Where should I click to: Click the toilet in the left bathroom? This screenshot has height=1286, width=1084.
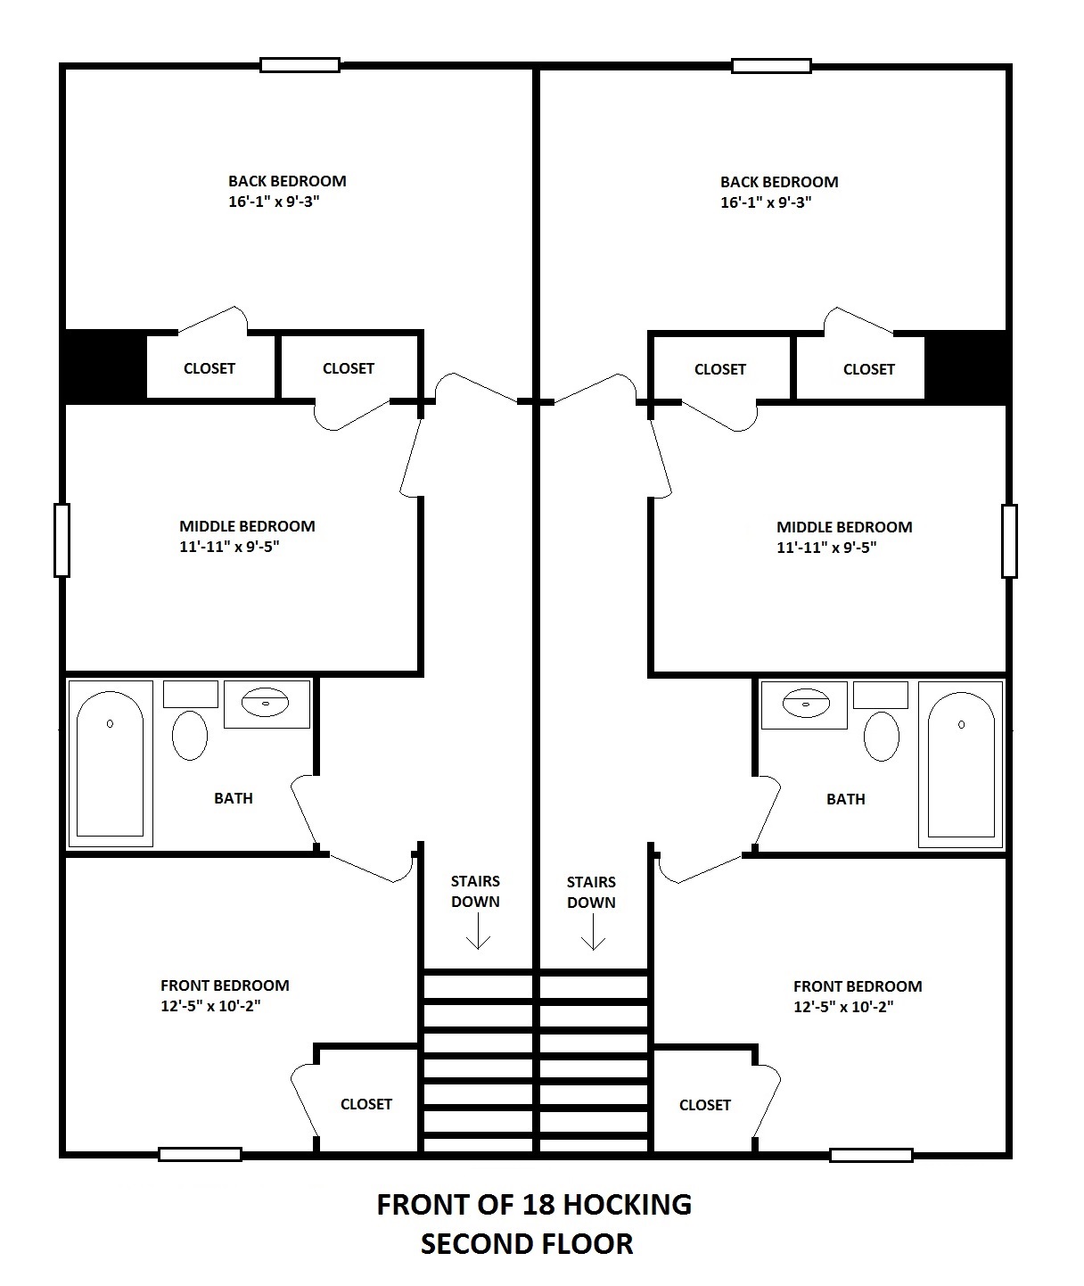tap(190, 735)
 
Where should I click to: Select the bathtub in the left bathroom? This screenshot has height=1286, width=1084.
tap(111, 763)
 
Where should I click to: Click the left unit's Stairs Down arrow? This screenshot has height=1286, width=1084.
tap(478, 932)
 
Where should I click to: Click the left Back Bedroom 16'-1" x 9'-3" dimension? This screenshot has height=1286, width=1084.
tap(274, 202)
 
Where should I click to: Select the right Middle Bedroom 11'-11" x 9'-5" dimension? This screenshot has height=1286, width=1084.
tap(826, 548)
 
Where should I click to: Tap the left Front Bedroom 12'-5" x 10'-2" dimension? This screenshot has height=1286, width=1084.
tap(210, 1006)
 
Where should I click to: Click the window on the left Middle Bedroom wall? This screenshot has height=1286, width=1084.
tap(62, 540)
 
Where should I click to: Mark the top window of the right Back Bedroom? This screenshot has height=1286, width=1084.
tap(771, 66)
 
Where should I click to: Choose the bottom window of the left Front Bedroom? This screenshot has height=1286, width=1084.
tap(200, 1154)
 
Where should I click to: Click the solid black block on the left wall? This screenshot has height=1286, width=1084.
tap(105, 367)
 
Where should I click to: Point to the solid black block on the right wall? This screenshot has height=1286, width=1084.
tap(965, 367)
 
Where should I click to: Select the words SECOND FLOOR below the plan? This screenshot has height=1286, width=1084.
tap(527, 1244)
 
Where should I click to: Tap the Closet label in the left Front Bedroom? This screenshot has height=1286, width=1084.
tap(366, 1104)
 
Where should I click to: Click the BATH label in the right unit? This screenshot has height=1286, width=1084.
tap(846, 799)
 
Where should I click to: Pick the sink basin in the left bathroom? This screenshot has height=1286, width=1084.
tap(266, 702)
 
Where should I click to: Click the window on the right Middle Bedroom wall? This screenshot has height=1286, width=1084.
tap(1009, 540)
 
